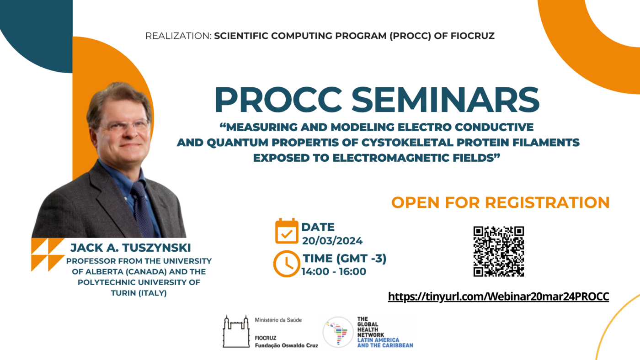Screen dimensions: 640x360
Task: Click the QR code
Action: [x=499, y=252]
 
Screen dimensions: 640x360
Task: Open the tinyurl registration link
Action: [x=498, y=296]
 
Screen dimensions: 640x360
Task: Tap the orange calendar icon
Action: [x=287, y=231]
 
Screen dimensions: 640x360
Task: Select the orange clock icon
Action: [x=287, y=264]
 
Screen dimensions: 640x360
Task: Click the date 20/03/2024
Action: [x=332, y=241]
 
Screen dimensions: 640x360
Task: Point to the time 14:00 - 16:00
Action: [x=334, y=271]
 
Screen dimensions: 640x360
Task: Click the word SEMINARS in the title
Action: [x=445, y=100]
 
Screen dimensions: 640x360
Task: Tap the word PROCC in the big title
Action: [x=278, y=100]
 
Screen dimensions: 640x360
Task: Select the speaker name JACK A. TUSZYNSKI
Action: [x=131, y=248]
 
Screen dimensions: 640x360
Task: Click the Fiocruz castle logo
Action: [x=236, y=332]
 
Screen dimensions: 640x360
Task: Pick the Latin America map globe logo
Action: [x=338, y=332]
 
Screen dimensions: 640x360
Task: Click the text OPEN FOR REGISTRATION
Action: [x=500, y=202]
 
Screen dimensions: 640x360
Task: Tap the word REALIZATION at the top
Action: [x=178, y=36]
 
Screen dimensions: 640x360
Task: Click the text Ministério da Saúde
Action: [x=278, y=320]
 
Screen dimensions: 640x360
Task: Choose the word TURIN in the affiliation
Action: [x=123, y=293]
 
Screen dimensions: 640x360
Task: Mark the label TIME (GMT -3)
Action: [x=345, y=259]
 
